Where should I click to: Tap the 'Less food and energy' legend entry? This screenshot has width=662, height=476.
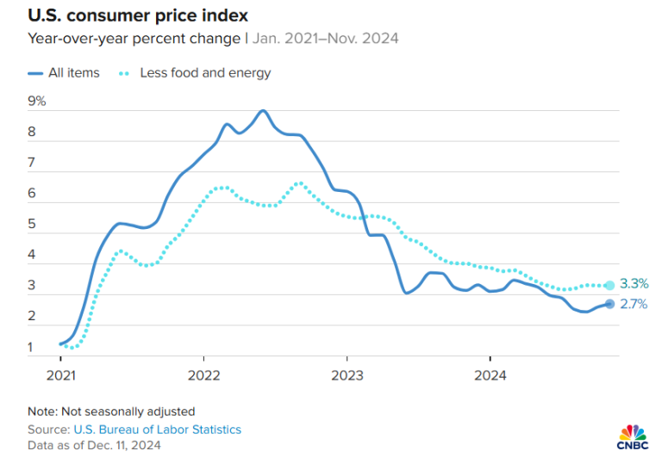pos(205,73)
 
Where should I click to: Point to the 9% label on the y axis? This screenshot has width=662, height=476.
pos(37,102)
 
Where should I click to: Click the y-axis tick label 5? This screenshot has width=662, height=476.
pos(32,225)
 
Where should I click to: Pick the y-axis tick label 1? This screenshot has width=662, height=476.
pos(32,348)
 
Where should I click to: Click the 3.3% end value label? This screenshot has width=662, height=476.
pos(634,284)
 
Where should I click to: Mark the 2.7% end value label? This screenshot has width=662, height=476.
pos(634,304)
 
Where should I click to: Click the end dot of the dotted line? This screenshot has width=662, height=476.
pos(609,285)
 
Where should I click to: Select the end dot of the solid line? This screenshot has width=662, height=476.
pos(609,304)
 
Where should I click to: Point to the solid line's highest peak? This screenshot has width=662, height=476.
pos(263,111)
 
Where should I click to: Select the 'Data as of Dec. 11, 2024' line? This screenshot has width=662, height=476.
pos(94,445)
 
